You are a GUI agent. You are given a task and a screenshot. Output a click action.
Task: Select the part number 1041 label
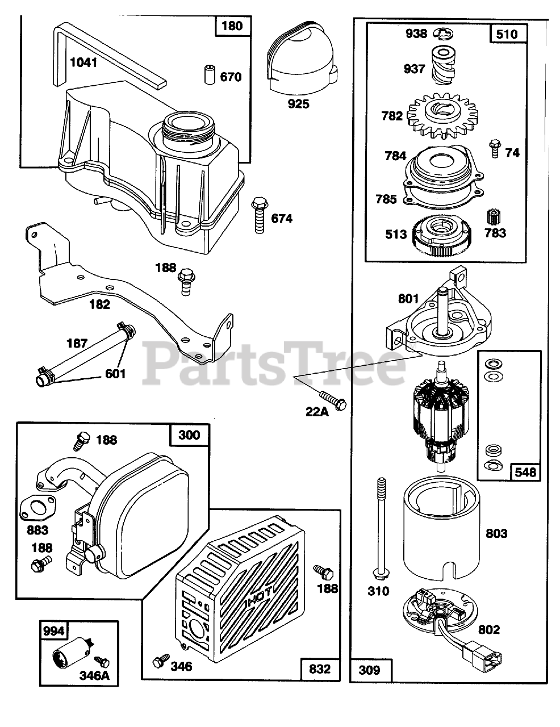(x=83, y=62)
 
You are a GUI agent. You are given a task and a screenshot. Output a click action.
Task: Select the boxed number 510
(x=507, y=34)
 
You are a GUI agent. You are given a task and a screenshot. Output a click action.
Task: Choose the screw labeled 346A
(x=102, y=661)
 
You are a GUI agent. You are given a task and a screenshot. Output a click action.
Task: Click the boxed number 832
(x=319, y=668)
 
